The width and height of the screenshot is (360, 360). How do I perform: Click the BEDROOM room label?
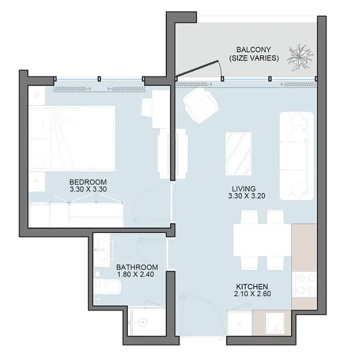click(x=88, y=182)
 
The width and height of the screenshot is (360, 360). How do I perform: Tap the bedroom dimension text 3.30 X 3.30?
click(x=88, y=190)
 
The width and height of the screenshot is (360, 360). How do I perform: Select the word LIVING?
click(x=244, y=189)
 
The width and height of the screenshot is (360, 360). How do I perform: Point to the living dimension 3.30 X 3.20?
click(x=247, y=196)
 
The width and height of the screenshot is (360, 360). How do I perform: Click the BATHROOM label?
click(x=137, y=267)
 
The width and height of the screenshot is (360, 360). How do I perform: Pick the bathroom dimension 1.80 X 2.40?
click(x=135, y=274)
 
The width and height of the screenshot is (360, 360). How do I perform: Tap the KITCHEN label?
click(x=252, y=287)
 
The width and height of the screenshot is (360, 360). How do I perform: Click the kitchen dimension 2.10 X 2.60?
click(x=253, y=294)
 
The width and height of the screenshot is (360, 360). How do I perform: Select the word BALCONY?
click(x=254, y=50)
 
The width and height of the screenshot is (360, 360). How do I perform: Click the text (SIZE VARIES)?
click(x=254, y=58)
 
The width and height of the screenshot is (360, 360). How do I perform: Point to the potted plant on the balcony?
click(x=300, y=57)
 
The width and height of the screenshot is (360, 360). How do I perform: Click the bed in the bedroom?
click(x=72, y=139)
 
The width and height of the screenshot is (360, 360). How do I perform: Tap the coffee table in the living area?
click(x=238, y=154)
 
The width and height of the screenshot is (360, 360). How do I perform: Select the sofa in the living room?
click(x=296, y=155)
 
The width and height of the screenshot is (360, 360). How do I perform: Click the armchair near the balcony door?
click(x=200, y=105)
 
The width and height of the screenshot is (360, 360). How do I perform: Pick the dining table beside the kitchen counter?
click(x=262, y=240)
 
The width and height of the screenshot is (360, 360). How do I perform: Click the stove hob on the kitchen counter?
click(x=305, y=284)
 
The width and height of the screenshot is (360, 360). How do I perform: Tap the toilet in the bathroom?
click(x=107, y=287)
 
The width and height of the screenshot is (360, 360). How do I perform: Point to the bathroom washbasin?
click(x=102, y=250)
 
